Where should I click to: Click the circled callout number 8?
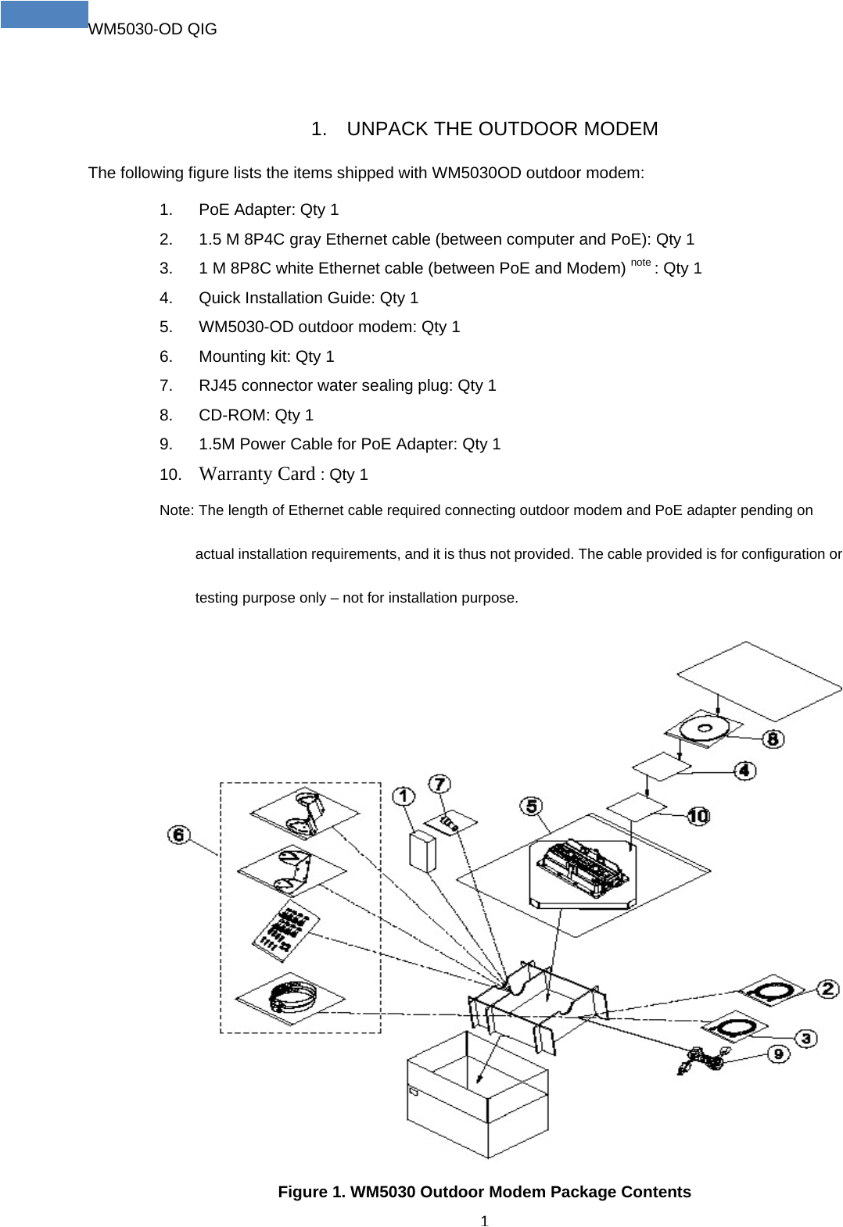click(x=773, y=739)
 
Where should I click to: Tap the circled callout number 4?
click(x=744, y=771)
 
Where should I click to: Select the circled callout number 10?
click(x=698, y=816)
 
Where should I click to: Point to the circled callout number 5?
click(x=532, y=806)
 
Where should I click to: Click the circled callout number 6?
click(x=179, y=835)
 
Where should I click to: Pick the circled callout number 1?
click(x=404, y=796)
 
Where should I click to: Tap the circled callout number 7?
click(x=440, y=783)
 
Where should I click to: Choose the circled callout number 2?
click(x=827, y=989)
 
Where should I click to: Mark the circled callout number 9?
click(x=778, y=1054)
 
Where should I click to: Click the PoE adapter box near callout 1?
click(x=422, y=852)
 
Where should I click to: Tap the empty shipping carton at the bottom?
click(x=477, y=1102)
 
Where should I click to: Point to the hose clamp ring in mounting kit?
click(x=292, y=996)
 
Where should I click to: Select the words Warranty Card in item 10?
click(x=256, y=474)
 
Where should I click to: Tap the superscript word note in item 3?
click(x=640, y=263)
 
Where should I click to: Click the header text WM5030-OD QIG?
click(x=152, y=29)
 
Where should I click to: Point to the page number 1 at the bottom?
click(x=484, y=1221)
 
